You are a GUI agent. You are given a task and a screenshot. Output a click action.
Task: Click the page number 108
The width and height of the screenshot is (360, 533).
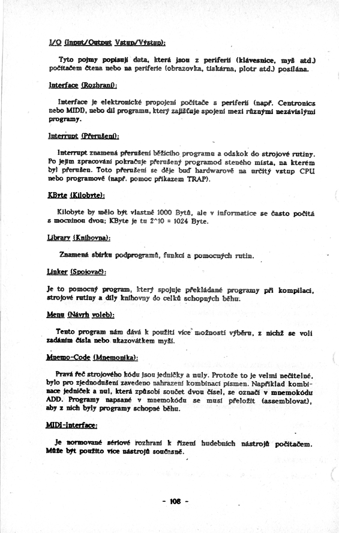(x=175, y=501)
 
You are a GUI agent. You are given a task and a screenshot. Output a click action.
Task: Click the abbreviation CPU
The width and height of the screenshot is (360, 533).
(x=307, y=171)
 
